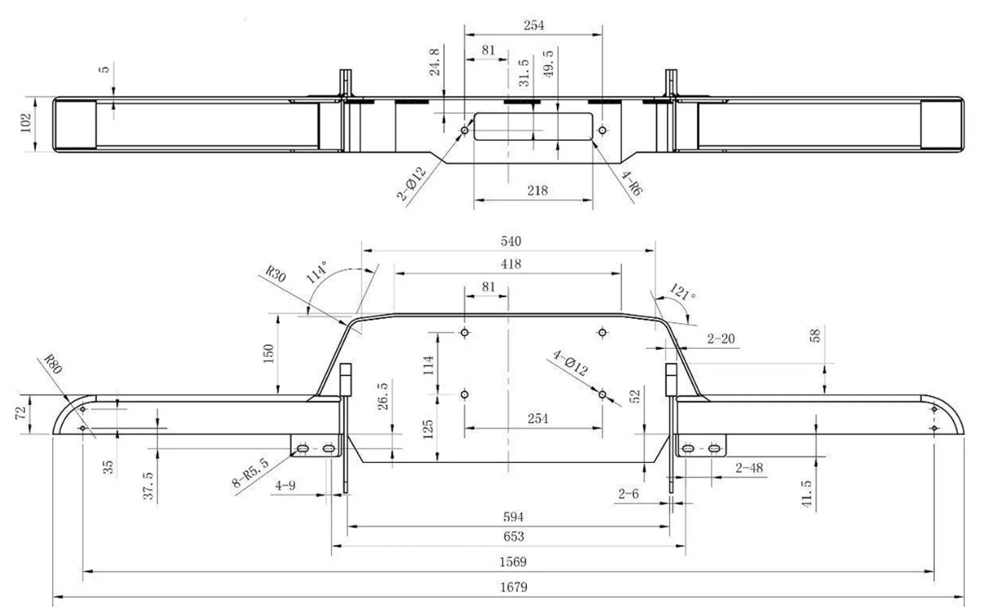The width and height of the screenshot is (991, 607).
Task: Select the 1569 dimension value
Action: pyautogui.click(x=513, y=561)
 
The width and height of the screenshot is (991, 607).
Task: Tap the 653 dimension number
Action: pyautogui.click(x=513, y=537)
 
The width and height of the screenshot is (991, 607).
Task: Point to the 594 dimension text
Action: pyautogui.click(x=513, y=517)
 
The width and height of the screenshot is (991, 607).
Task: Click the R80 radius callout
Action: pyautogui.click(x=52, y=366)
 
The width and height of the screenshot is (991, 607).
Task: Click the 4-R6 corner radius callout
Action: pyautogui.click(x=632, y=180)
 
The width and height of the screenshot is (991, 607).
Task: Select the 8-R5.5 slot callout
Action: pyautogui.click(x=250, y=473)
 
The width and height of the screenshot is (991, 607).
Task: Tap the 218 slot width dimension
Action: pyautogui.click(x=537, y=190)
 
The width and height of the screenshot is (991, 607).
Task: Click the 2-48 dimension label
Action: pyautogui.click(x=749, y=469)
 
